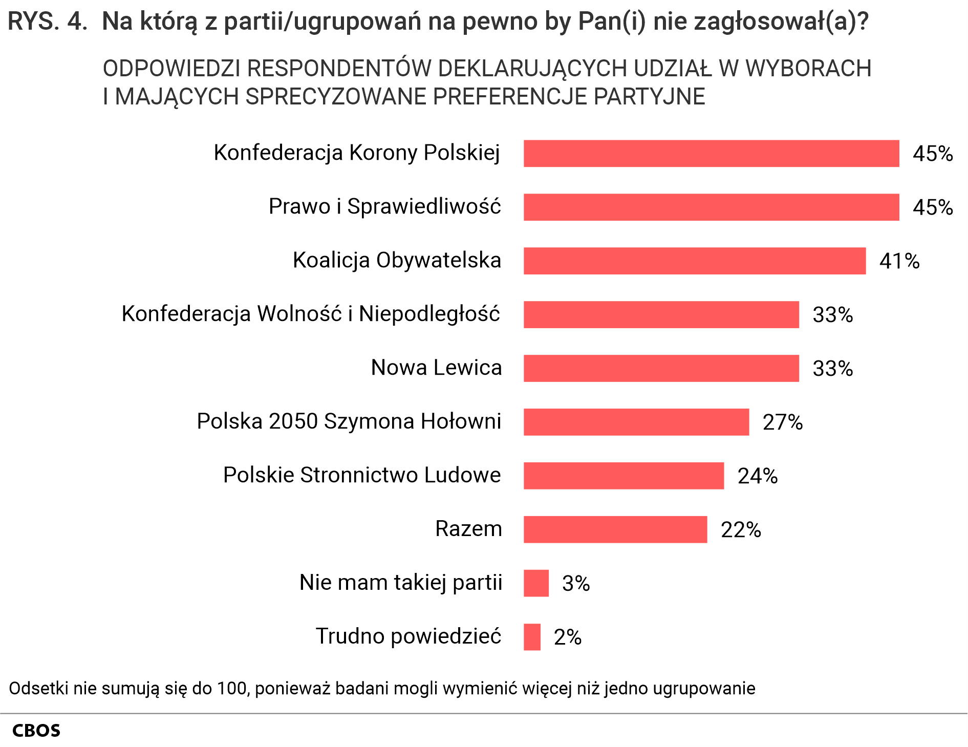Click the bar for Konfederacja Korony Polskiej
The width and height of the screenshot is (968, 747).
coord(711,154)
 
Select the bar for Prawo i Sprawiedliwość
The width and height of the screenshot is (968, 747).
coord(711,207)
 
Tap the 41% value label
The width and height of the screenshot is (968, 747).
coord(899,261)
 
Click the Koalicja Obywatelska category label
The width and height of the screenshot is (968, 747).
coord(397,260)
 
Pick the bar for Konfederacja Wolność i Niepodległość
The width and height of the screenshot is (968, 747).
coord(661,314)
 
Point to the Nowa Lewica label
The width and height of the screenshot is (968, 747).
coord(436,368)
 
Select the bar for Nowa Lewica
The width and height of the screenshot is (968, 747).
coord(661,368)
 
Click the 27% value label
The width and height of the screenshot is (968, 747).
coord(782,422)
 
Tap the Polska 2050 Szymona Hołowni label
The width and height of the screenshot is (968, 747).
coord(349,421)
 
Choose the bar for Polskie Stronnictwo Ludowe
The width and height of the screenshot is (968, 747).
coord(623,476)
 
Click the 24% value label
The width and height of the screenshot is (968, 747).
coord(757,476)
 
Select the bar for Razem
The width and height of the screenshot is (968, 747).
coord(615,529)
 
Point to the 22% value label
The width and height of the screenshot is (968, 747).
coord(740,530)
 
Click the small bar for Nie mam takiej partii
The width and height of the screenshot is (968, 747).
coord(536,583)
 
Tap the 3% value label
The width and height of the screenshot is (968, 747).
coord(576,584)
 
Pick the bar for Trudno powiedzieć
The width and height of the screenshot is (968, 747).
coord(532,637)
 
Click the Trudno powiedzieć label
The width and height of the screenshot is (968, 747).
coord(408,636)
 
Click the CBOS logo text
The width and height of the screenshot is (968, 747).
coord(36,731)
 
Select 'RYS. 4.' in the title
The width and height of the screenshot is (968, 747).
coord(48,22)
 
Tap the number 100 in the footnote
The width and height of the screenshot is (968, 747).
coord(233,689)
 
